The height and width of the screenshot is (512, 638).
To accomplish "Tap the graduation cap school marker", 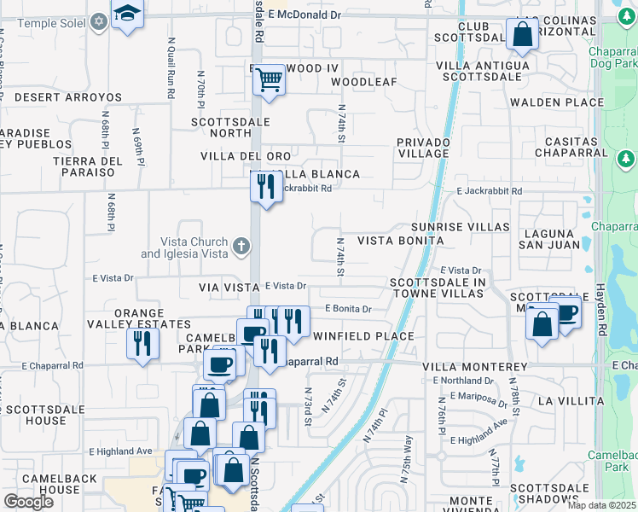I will pos(126,15).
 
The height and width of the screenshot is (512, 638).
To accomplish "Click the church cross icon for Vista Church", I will pos(241,247).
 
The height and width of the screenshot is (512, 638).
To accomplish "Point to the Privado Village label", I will pos(422,147).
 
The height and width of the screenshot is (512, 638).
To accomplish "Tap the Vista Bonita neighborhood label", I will pos(400,241).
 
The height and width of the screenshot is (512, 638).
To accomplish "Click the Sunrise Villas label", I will pos(460,227).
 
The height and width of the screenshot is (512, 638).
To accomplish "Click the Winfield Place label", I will pos(363,336).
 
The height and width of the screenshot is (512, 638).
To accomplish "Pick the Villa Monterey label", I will pos(475,366).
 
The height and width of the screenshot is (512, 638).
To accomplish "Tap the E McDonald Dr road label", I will pos(304,15).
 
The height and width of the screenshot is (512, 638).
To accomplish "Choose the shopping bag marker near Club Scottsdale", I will pos(522,35).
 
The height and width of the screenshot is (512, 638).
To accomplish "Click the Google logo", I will pos(28,502).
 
